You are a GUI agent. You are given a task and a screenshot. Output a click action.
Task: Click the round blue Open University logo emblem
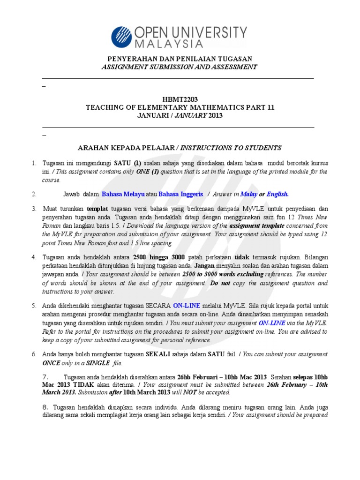click(x=122, y=37)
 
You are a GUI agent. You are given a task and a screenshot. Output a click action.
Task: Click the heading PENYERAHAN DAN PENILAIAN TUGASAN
click(x=180, y=59)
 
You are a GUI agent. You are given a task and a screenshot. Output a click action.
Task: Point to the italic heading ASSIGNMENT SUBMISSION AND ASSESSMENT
click(x=180, y=67)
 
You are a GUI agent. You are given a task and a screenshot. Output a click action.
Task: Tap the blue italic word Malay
click(x=249, y=194)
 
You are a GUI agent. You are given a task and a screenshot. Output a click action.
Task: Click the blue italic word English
click(x=278, y=194)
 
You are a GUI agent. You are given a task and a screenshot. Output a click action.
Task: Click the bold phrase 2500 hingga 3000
click(x=159, y=257)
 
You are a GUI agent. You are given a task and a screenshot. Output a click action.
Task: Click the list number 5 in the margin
click(x=34, y=306)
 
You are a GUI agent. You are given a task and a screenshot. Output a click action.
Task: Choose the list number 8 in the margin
click(x=45, y=407)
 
